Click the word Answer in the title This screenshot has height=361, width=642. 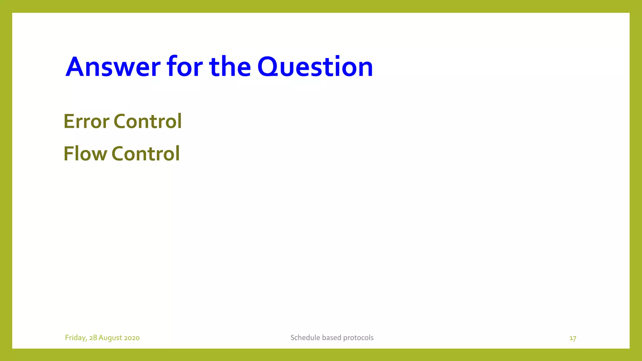113,67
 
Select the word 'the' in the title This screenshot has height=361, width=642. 230,67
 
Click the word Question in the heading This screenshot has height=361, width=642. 315,67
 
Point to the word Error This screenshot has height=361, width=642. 87,121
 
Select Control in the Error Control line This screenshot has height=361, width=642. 148,121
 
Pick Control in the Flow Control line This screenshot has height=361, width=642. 146,154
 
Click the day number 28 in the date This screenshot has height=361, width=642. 93,338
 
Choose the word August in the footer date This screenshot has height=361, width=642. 110,338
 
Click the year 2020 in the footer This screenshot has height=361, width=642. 132,338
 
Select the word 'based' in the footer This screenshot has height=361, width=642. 332,337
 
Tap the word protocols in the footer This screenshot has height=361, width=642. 358,337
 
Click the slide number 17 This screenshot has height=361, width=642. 573,338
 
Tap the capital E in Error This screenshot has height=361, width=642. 69,121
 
